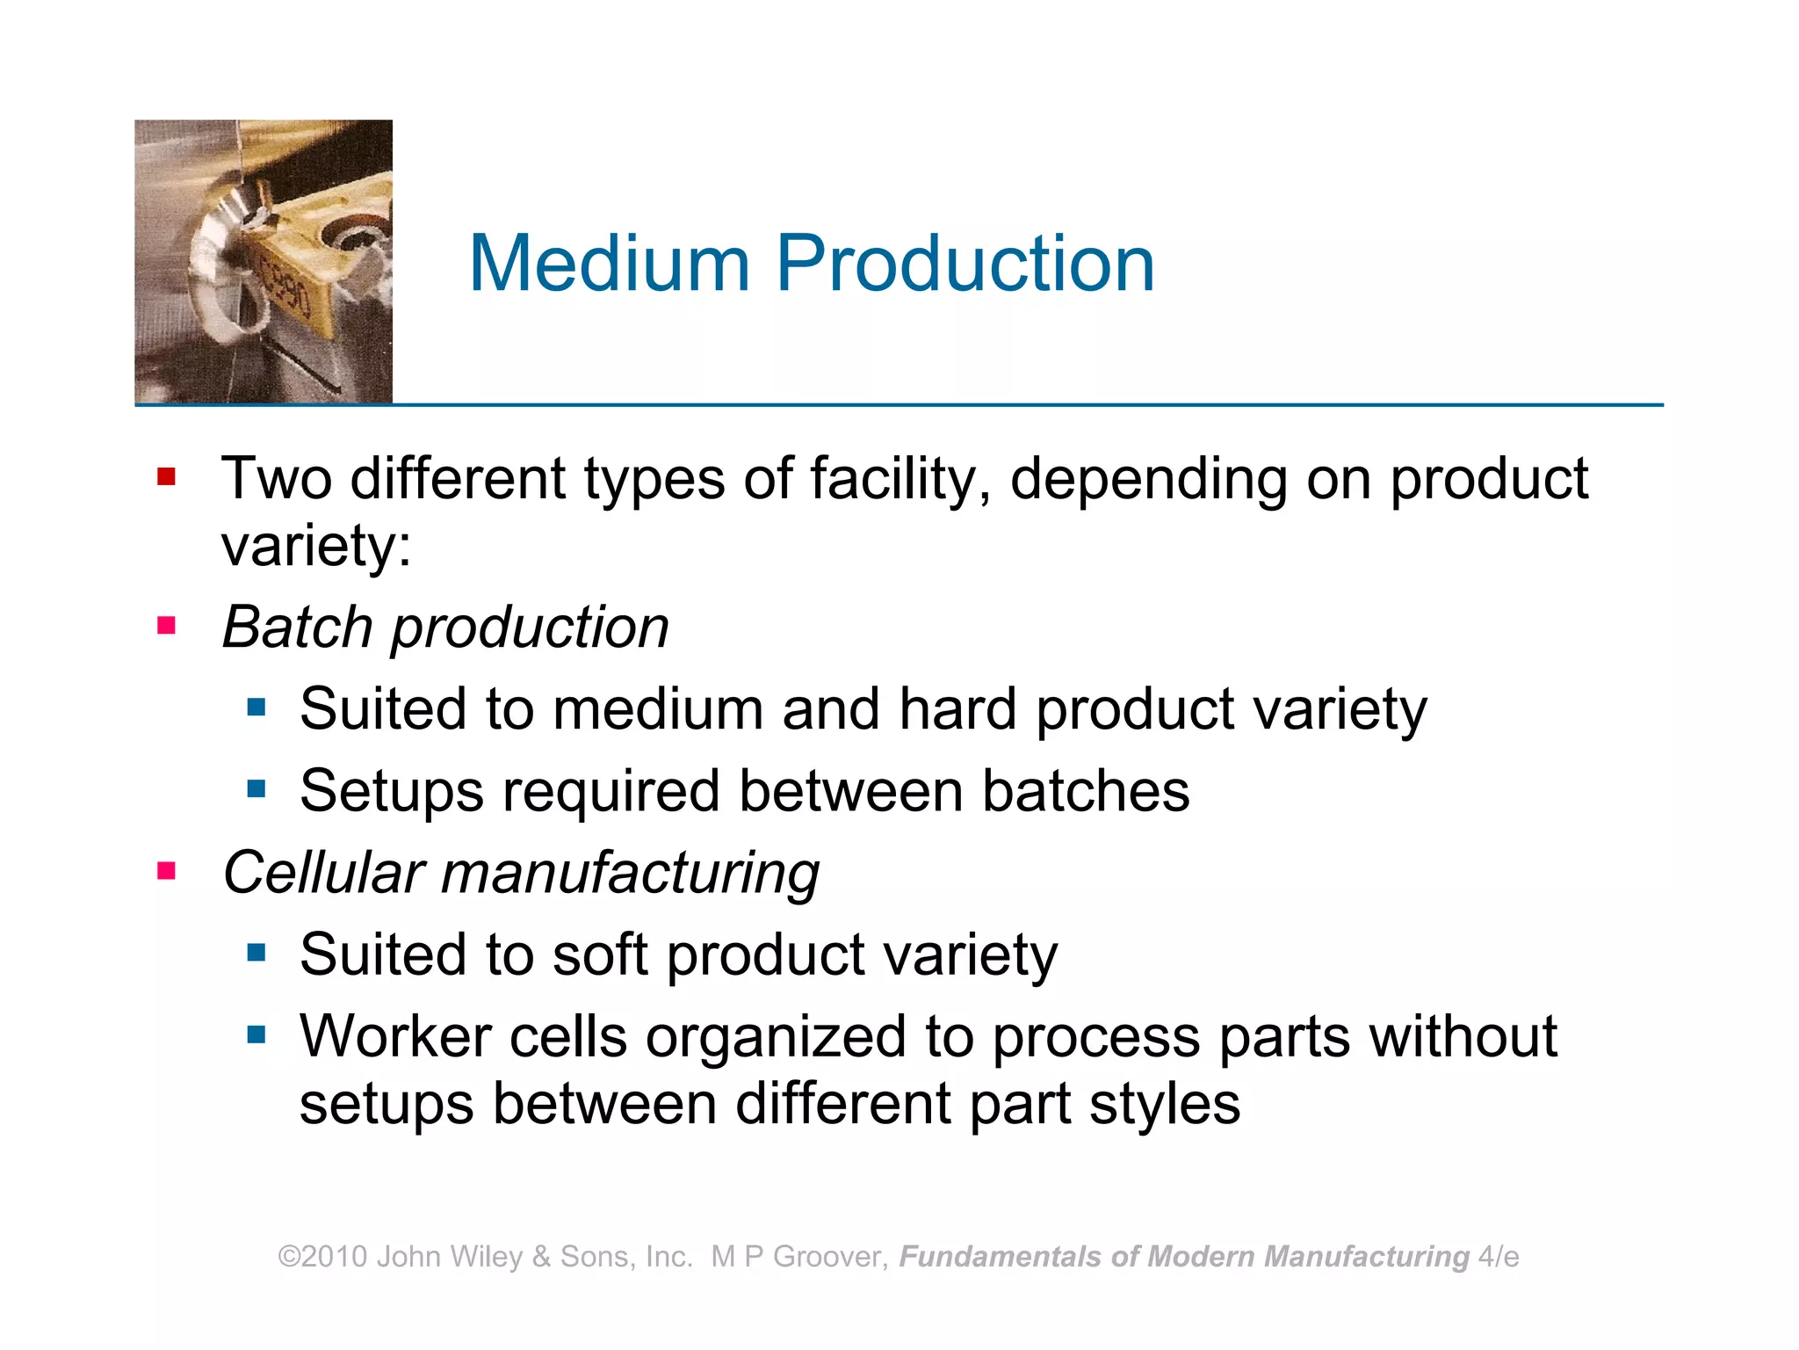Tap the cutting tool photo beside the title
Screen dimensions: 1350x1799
[264, 262]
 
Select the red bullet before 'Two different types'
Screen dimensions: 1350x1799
[166, 477]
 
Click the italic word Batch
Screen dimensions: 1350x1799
[298, 628]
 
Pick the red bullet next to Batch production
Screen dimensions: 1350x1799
[166, 626]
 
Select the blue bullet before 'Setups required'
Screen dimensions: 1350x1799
[256, 788]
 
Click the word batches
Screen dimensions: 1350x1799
[1086, 790]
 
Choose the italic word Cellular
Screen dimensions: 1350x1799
[324, 873]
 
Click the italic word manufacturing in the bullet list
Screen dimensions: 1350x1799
[630, 875]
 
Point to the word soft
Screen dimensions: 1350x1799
[600, 954]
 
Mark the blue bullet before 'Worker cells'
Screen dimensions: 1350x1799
[256, 1034]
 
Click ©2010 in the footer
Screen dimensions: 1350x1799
[322, 1257]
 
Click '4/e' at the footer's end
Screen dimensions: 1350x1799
[1499, 1257]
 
